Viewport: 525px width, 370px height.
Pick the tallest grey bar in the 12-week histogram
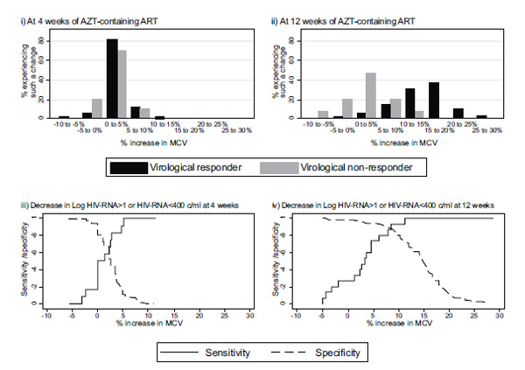coord(371,94)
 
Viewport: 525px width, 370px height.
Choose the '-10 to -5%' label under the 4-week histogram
coord(59,122)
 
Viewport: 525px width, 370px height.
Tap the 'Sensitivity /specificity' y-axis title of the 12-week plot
coord(276,258)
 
